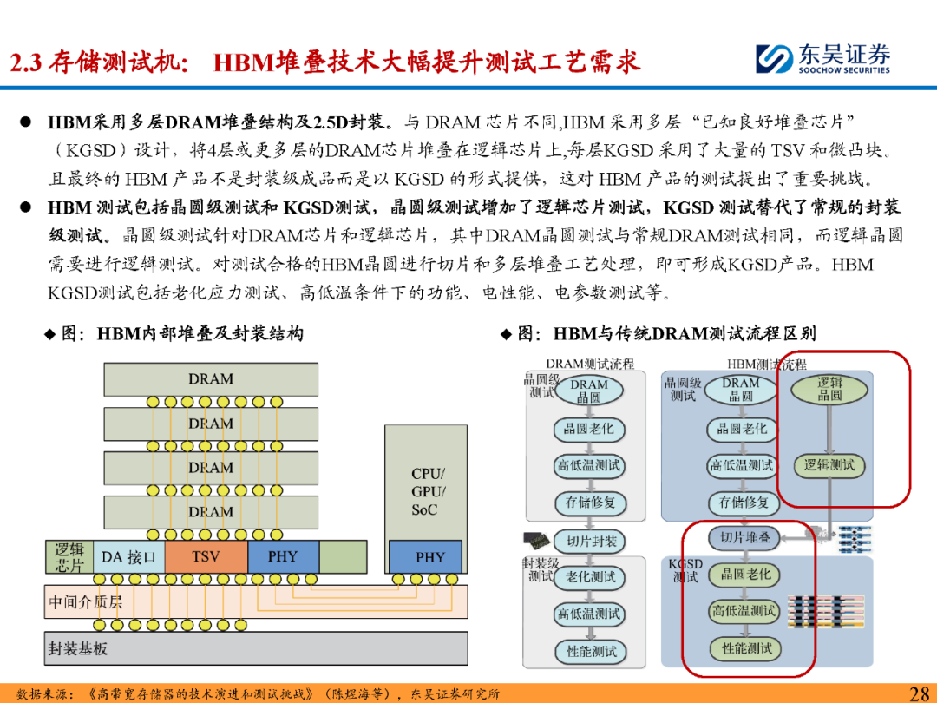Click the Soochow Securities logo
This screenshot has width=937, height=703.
tap(822, 59)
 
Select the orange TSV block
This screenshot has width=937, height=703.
tap(206, 557)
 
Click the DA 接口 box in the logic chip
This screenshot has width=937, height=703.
tap(128, 557)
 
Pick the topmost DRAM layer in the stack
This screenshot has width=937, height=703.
tap(211, 379)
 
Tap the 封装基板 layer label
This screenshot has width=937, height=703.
tap(78, 647)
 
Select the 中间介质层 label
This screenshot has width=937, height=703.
tap(85, 601)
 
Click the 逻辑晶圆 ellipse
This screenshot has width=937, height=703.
tap(829, 390)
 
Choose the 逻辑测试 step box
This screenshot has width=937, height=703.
tap(829, 465)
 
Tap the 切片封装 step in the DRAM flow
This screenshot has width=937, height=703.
tap(592, 542)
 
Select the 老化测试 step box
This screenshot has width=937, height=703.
tap(590, 577)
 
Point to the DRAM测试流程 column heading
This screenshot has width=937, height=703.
tap(590, 364)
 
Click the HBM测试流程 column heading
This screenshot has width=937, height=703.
tap(767, 364)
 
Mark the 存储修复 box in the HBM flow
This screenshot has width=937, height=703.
tap(744, 503)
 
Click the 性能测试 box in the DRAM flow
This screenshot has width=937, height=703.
tap(592, 651)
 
